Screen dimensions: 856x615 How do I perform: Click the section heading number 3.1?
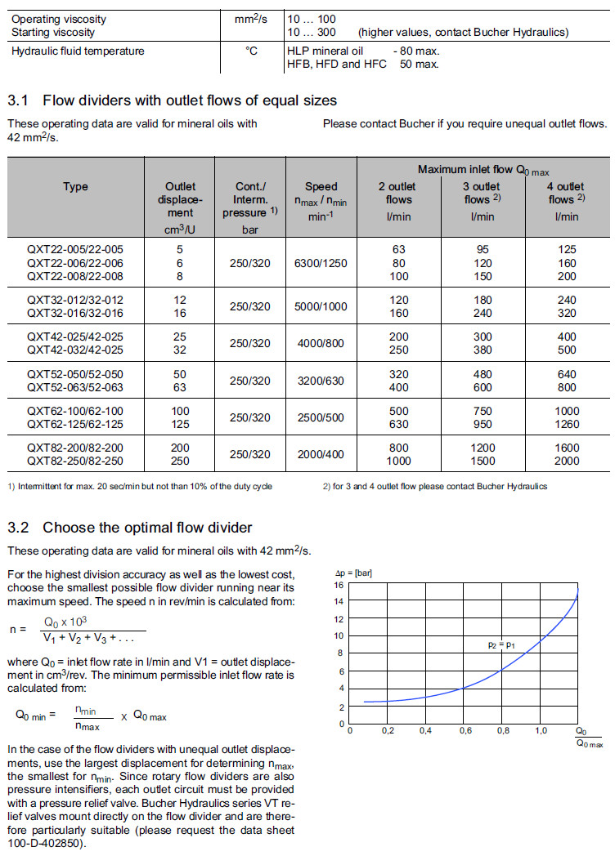pyautogui.click(x=18, y=100)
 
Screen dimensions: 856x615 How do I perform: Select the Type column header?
pyautogui.click(x=75, y=187)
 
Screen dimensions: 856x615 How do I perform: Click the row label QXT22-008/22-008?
pyautogui.click(x=75, y=276)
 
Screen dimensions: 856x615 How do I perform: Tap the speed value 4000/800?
pyautogui.click(x=321, y=344)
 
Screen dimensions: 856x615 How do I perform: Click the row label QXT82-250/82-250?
pyautogui.click(x=75, y=461)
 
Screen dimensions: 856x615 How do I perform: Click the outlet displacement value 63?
pyautogui.click(x=179, y=387)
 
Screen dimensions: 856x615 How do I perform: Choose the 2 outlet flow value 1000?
pyautogui.click(x=399, y=461)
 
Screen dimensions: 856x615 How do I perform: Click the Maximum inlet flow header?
pyautogui.click(x=483, y=169)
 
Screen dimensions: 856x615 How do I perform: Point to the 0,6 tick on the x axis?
pyautogui.click(x=465, y=731)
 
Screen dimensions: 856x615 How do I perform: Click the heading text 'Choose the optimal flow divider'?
pyautogui.click(x=147, y=527)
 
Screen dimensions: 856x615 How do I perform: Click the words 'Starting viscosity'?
pyautogui.click(x=53, y=32)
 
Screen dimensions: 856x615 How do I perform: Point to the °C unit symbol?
pyautogui.click(x=252, y=51)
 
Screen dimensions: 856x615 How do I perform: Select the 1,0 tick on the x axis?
pyautogui.click(x=541, y=731)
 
